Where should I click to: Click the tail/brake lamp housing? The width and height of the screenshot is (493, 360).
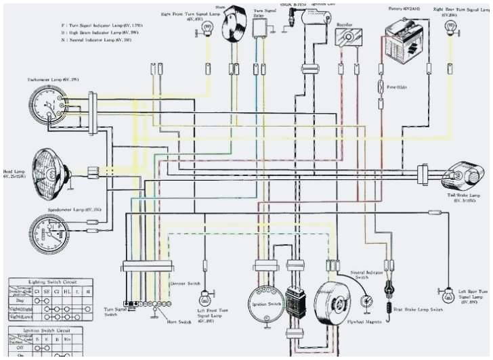pos(460,177)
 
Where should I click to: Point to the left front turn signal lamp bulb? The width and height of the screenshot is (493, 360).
pos(204,298)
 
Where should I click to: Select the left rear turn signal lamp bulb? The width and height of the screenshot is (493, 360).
pos(448,294)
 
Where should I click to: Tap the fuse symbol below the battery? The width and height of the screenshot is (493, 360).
pos(381,88)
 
